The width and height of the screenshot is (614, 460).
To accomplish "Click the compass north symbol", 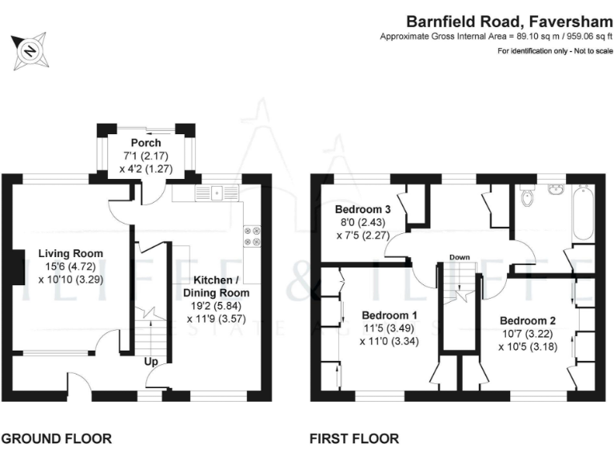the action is (x=30, y=51).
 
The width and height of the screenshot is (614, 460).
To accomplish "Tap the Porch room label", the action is (x=146, y=143).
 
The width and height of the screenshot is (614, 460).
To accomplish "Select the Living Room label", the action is (x=70, y=253).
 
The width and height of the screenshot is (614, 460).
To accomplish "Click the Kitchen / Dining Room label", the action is (x=216, y=287).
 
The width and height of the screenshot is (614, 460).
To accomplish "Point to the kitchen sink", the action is (x=217, y=192).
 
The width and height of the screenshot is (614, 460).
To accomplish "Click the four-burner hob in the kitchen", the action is (x=252, y=236).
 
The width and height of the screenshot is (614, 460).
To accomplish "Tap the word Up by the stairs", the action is (x=151, y=362).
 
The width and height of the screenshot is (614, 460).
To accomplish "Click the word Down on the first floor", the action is (x=460, y=257).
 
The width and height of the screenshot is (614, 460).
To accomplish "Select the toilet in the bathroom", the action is (x=527, y=196).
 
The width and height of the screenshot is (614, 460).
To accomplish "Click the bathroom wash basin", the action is (x=556, y=189).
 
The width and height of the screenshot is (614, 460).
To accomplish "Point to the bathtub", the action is (x=584, y=212).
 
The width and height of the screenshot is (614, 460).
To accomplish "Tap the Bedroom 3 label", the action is (x=363, y=209).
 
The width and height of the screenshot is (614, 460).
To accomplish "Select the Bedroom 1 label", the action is (x=389, y=315).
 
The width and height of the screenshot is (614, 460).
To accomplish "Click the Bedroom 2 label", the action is (x=528, y=321).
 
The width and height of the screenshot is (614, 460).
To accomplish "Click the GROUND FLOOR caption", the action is (x=57, y=438).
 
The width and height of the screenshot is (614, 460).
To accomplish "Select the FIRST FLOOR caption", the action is (x=354, y=438).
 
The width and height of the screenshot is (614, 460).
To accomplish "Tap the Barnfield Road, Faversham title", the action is (x=509, y=22).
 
